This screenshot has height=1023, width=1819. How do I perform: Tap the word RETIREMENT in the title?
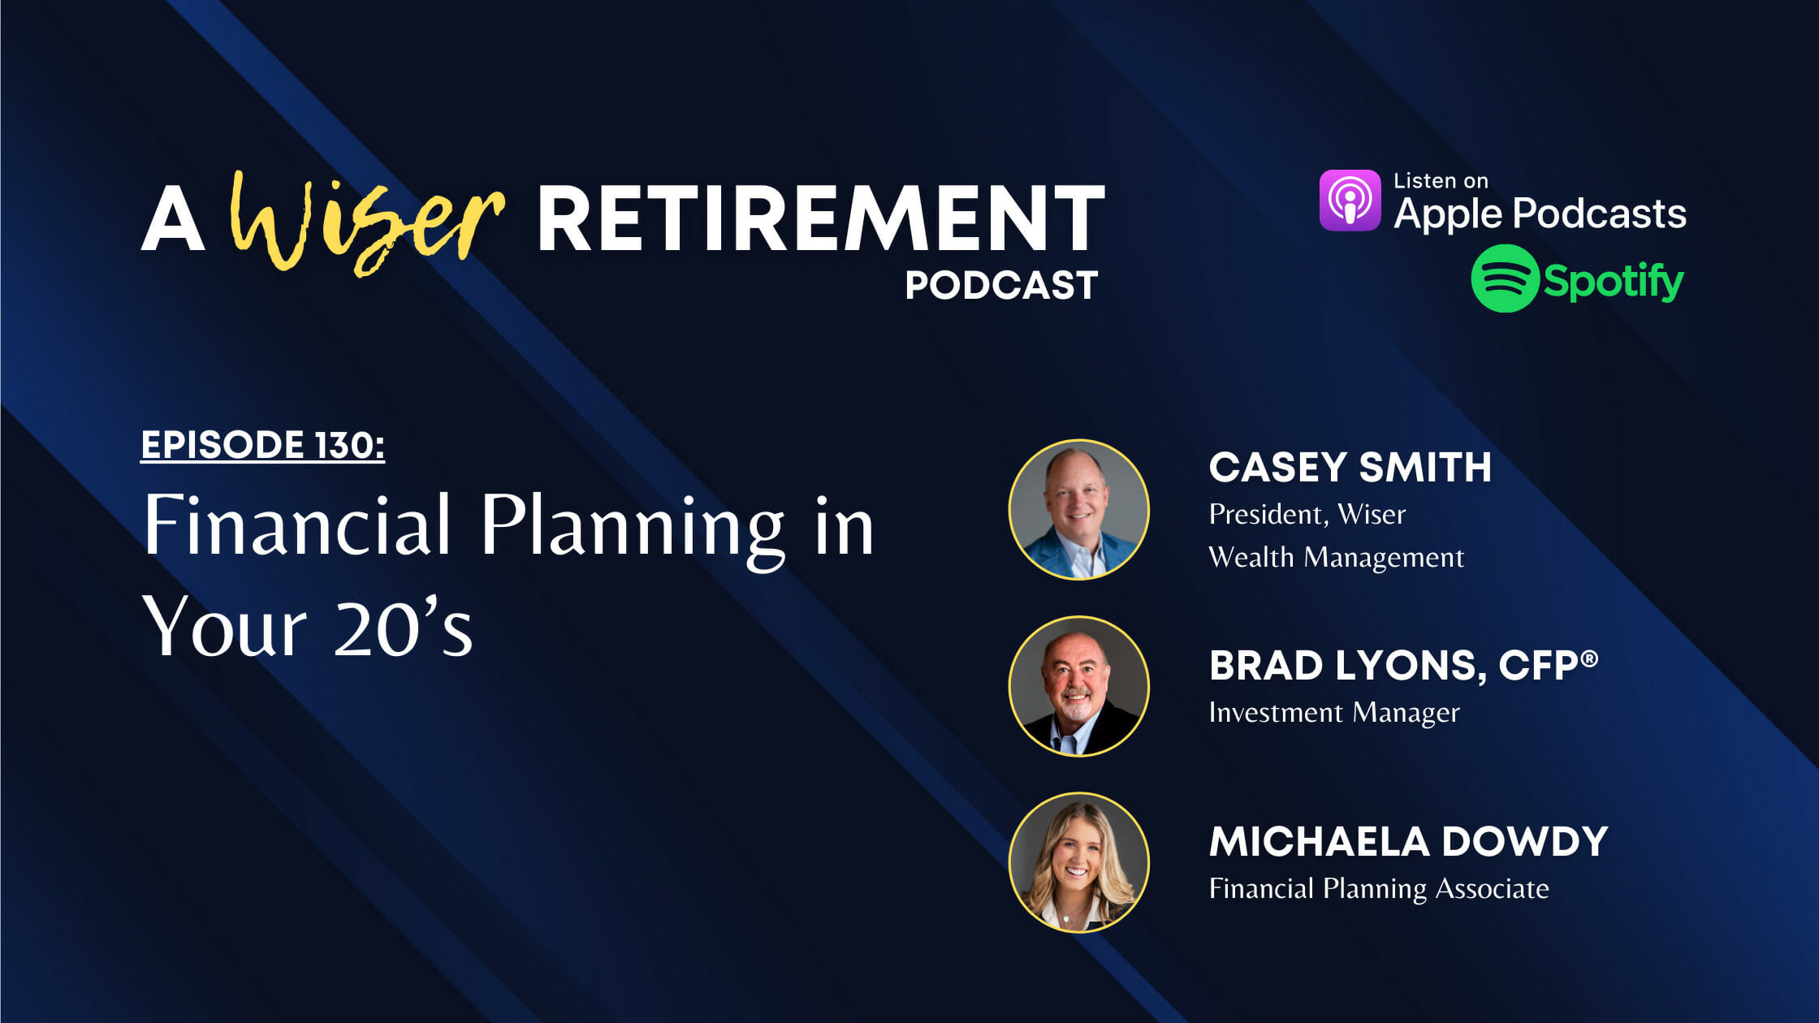(x=820, y=219)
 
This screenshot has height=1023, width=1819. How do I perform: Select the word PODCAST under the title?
(x=1001, y=285)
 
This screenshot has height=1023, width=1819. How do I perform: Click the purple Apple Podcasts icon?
(x=1350, y=200)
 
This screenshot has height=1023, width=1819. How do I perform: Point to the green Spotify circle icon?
(x=1505, y=278)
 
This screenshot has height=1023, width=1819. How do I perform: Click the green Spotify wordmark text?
(x=1613, y=281)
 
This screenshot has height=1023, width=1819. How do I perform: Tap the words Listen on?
(x=1441, y=181)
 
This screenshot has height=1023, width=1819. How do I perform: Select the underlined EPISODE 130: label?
(x=262, y=445)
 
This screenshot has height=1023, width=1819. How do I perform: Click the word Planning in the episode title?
(x=633, y=526)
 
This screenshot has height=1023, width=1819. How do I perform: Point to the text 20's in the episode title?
(x=403, y=628)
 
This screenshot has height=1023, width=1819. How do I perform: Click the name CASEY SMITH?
(x=1350, y=468)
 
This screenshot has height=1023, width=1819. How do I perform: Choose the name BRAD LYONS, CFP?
(x=1393, y=666)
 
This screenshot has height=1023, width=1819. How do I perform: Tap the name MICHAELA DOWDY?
(x=1408, y=842)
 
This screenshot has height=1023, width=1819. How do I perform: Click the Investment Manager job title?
(x=1333, y=713)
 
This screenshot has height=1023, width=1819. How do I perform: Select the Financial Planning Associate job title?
(x=1378, y=888)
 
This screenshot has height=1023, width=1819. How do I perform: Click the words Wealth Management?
(x=1336, y=558)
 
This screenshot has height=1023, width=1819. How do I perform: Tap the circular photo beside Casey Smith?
(x=1078, y=509)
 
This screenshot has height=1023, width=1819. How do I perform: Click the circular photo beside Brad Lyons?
(x=1078, y=686)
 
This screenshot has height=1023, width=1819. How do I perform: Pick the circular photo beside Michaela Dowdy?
(x=1078, y=862)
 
